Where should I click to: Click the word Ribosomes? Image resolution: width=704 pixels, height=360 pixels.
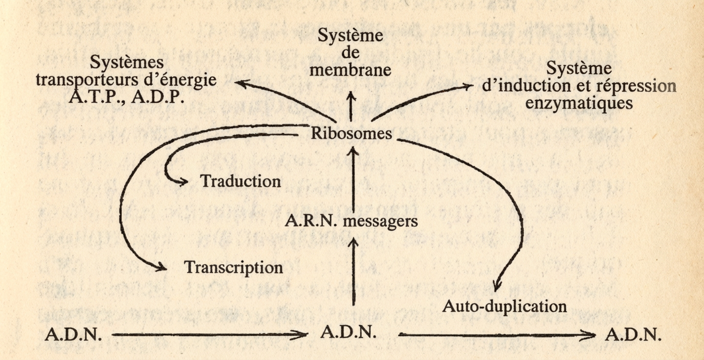pos(352,134)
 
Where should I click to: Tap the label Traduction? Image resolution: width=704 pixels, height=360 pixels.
pos(241,181)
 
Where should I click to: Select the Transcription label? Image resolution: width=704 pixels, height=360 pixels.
pos(233,268)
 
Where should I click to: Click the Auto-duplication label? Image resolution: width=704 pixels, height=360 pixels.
pos(504,307)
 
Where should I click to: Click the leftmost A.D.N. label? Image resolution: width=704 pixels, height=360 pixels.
pos(73,336)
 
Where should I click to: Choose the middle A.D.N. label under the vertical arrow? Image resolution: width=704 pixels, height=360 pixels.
pos(349,333)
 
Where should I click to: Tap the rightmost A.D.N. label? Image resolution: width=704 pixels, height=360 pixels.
pos(633,336)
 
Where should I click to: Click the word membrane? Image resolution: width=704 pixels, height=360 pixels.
pos(351,70)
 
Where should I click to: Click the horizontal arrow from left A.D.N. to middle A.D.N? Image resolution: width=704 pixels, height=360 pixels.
pos(210,336)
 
